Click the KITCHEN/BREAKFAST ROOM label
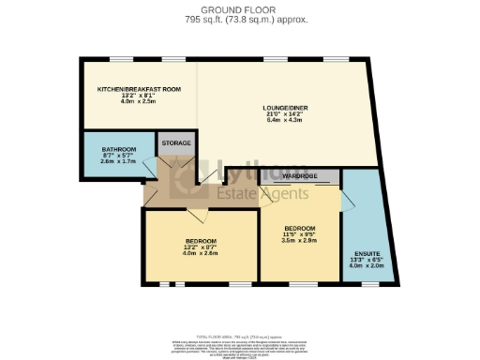click(x=139, y=89)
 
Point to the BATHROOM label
click(x=119, y=149)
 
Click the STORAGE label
click(x=176, y=142)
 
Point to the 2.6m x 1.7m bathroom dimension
click(x=119, y=162)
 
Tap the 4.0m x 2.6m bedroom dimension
click(x=200, y=253)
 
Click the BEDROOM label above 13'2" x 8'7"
click(x=200, y=240)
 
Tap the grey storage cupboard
click(x=176, y=150)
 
